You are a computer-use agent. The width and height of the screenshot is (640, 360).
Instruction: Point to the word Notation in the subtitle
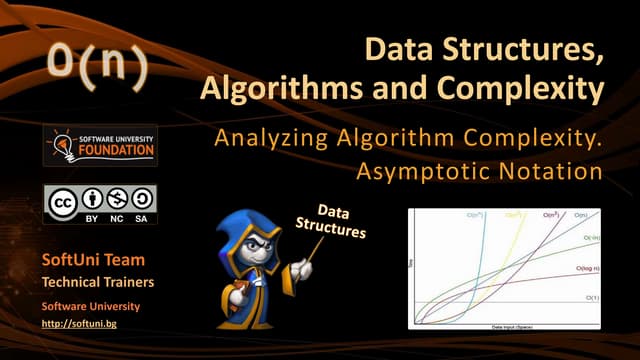[x=552, y=171]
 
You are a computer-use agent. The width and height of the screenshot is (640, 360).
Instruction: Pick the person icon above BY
[x=90, y=198]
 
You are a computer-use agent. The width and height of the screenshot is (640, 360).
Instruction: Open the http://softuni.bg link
[x=77, y=325]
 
